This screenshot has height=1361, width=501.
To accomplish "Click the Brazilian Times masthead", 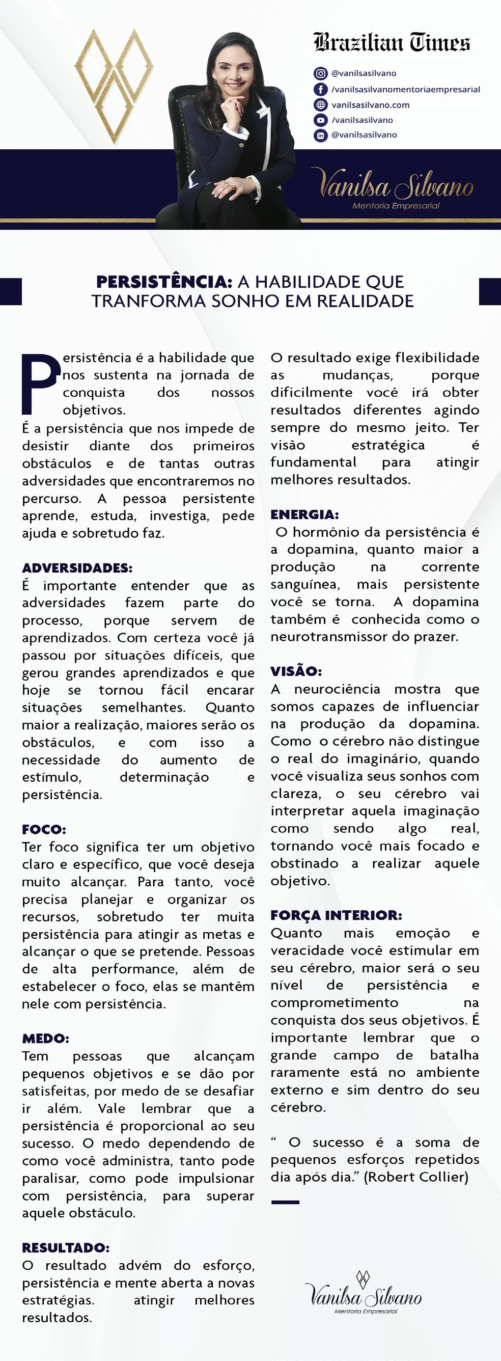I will click(x=392, y=42).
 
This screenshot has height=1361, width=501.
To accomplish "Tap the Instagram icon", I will click(x=320, y=73).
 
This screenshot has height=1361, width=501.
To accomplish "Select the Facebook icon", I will click(x=320, y=89).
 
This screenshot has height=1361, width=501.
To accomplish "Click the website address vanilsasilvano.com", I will click(x=370, y=104).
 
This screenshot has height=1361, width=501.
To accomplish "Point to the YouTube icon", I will click(x=320, y=120).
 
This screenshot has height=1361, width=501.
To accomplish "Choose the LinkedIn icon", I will click(x=320, y=135).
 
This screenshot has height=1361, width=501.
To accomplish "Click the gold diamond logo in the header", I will click(x=114, y=85).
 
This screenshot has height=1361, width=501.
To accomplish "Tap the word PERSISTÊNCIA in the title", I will click(x=163, y=282).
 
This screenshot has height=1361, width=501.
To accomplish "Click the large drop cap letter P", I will click(x=39, y=383).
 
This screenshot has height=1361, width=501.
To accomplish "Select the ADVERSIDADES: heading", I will click(x=77, y=568).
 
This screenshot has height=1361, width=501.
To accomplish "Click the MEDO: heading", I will click(x=45, y=1039).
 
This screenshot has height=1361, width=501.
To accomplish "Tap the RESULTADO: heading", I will click(x=66, y=1248).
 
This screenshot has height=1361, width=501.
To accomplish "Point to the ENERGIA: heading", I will click(x=304, y=514).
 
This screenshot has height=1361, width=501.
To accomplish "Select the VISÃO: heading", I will click(x=296, y=671).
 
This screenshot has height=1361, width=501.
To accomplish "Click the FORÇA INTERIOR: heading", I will click(x=336, y=916).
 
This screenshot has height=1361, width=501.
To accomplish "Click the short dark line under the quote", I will click(x=285, y=1202).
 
